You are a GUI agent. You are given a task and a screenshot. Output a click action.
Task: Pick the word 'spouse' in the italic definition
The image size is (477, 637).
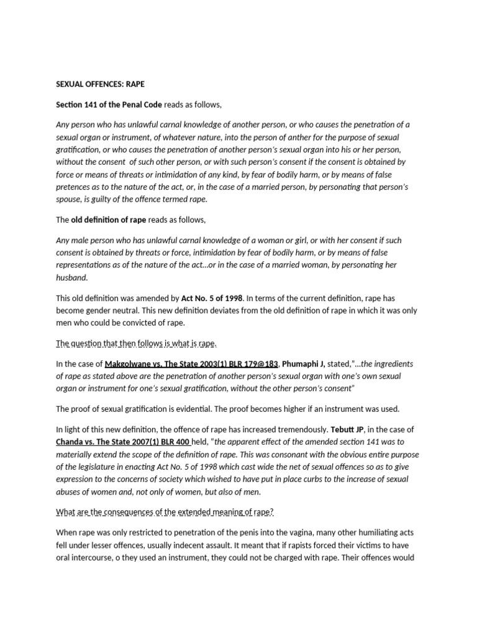coord(71,199)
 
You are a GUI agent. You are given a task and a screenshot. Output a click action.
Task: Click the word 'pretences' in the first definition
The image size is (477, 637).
coord(75,187)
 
